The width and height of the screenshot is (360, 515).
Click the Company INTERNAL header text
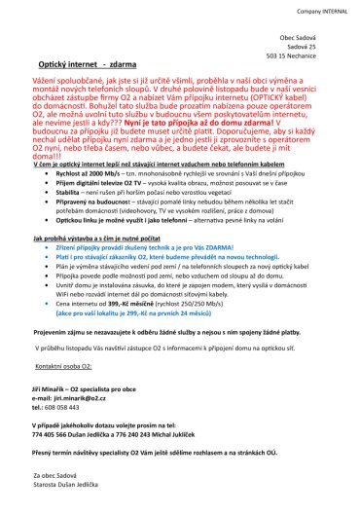tap(324, 8)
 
